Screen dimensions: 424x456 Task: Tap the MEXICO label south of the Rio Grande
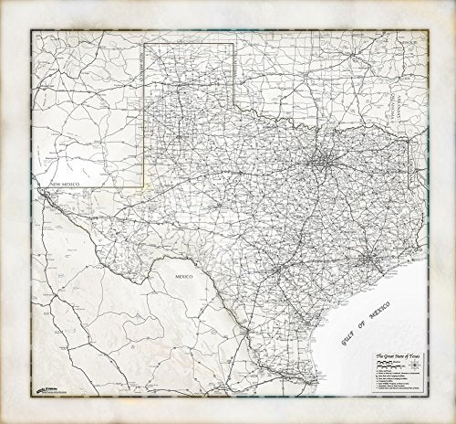pyautogui.click(x=171, y=271)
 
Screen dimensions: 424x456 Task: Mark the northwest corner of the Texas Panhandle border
pyautogui.click(x=146, y=42)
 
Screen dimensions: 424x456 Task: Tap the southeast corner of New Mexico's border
pyautogui.click(x=146, y=186)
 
